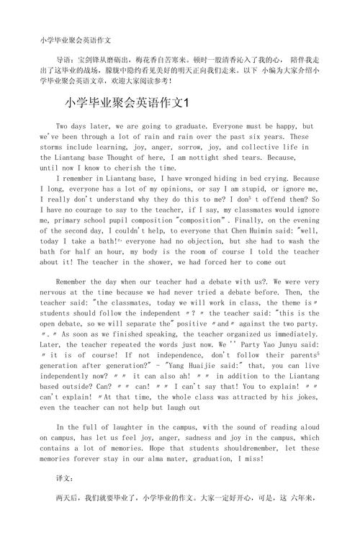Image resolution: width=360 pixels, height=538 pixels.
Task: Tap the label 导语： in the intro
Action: [x=68, y=58]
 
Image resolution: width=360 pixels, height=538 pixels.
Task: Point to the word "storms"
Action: [x=54, y=146]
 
